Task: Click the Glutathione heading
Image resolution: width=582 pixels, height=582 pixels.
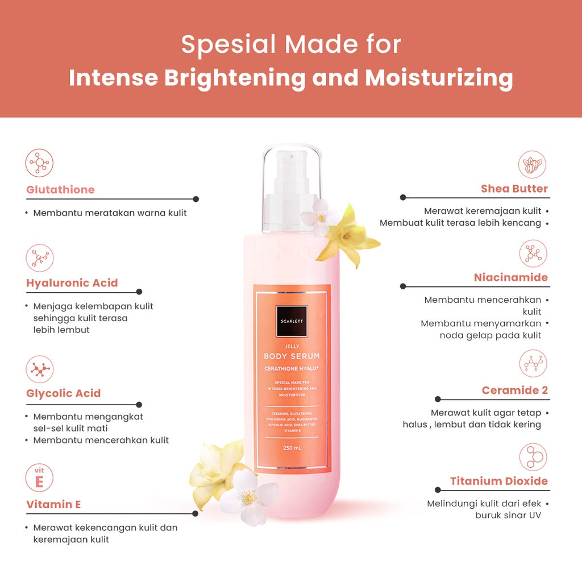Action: [60, 190]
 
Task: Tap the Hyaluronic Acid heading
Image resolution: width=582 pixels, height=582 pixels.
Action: [72, 283]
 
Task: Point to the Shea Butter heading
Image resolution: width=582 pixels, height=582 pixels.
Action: [514, 189]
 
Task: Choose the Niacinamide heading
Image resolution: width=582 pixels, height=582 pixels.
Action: [511, 277]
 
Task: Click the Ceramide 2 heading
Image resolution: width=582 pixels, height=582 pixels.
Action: [515, 390]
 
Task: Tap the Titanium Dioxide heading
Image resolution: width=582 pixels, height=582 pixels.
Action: [499, 481]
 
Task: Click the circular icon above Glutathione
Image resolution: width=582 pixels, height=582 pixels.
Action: [40, 163]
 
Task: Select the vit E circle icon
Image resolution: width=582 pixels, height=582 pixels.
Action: [40, 478]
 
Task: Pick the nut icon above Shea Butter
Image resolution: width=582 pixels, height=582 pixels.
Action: [533, 164]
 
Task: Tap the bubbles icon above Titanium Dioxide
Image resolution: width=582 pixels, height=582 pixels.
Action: [533, 457]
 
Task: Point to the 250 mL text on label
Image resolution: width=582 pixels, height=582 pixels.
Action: [291, 447]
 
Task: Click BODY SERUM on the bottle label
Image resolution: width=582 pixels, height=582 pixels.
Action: [292, 356]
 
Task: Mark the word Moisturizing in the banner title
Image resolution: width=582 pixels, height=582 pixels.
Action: [439, 78]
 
